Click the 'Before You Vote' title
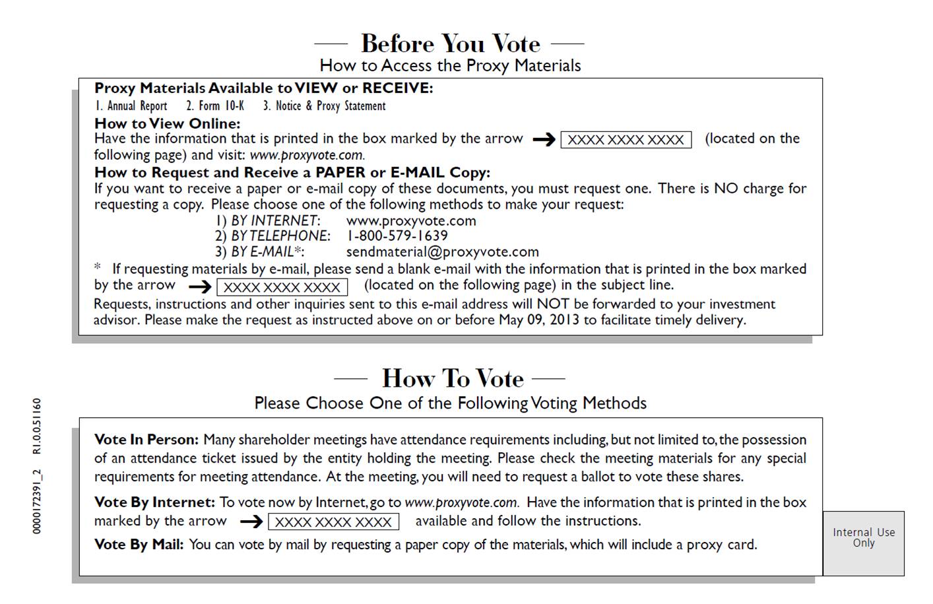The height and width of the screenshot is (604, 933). [x=450, y=44]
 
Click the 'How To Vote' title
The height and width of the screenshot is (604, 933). [x=452, y=378]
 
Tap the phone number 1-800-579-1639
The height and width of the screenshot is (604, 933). [x=397, y=236]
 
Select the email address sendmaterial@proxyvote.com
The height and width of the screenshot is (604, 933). [x=442, y=252]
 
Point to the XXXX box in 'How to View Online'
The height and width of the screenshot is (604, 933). [x=626, y=140]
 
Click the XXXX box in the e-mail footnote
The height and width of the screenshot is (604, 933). [x=282, y=287]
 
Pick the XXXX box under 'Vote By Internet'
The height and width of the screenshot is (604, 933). [x=333, y=522]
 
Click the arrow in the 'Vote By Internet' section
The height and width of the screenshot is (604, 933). [x=251, y=522]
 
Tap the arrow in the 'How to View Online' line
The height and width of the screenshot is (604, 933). [x=544, y=140]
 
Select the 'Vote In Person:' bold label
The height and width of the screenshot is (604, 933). [x=146, y=440]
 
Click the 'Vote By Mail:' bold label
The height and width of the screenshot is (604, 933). [x=139, y=545]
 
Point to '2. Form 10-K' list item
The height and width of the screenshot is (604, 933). [x=214, y=106]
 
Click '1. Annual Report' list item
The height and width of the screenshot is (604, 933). [x=131, y=106]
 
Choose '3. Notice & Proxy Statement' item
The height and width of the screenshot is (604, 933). [x=324, y=106]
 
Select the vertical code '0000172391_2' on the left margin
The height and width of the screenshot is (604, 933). [x=37, y=502]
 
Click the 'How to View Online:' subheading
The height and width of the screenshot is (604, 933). [x=167, y=123]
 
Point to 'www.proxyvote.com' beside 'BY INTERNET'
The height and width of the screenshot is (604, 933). [x=410, y=220]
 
